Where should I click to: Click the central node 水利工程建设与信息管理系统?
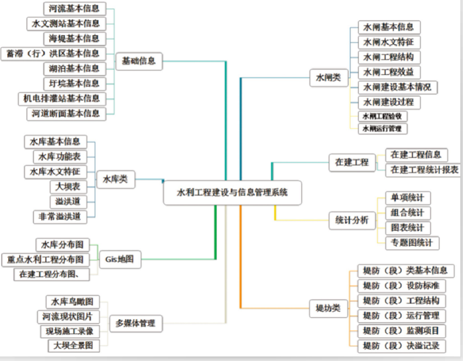pos(232,193)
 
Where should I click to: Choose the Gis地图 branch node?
pos(119,259)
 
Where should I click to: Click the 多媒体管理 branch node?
pos(135,323)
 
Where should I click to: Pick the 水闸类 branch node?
pos(328,78)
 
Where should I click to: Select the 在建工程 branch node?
pos(352,162)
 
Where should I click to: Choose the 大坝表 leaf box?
pos(68,186)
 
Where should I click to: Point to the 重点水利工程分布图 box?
pos(45,259)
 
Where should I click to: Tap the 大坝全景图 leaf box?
pos(74,346)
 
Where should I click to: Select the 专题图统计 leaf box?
pos(411,243)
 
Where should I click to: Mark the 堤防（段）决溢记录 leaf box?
pos(401,346)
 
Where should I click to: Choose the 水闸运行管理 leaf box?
pos(381,129)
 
